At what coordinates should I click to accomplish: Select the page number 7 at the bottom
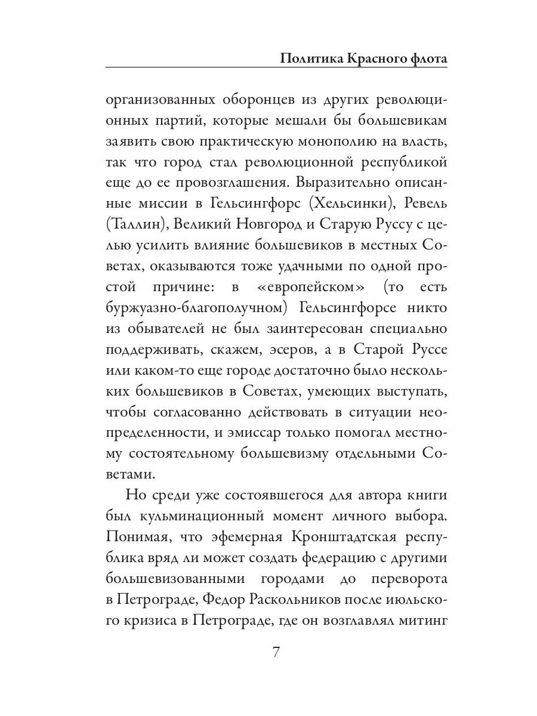[x=276, y=652]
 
